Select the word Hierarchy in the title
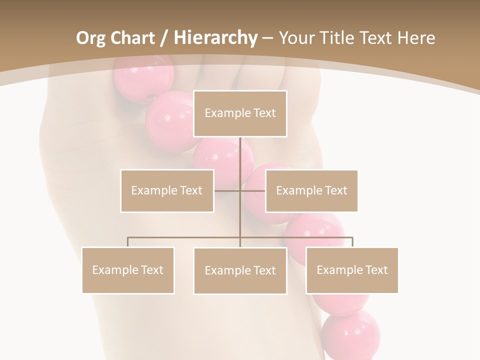point(215,38)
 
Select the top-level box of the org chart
point(240,113)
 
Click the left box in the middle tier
point(167,190)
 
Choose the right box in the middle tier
point(311,190)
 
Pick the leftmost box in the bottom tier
point(128,270)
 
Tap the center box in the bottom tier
point(240,270)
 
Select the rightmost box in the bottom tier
point(352,270)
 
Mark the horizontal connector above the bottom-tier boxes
point(185,238)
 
